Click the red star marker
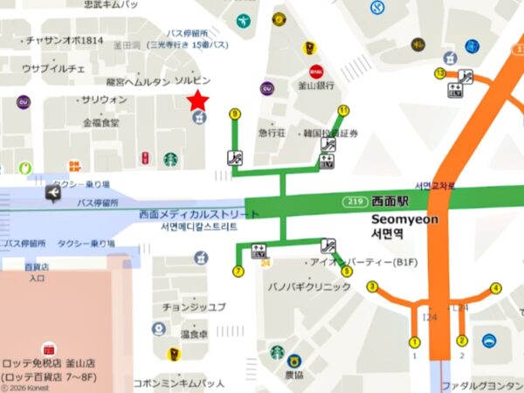coord(199,100)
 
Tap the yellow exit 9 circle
coord(234,114)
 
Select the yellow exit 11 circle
coord(343,110)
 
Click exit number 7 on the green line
coord(238,272)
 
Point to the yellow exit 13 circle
coord(440,73)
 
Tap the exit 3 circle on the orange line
coord(372,286)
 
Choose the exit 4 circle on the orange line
coord(496,287)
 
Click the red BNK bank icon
coord(315,70)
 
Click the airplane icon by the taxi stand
coord(55,196)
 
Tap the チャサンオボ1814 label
coord(65,40)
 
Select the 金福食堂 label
coord(102,123)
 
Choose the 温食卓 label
coord(194,334)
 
